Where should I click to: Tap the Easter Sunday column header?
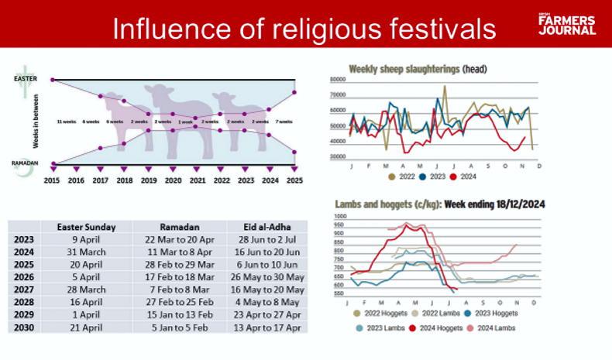tap(86, 227)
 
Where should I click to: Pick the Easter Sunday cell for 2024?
tap(86, 252)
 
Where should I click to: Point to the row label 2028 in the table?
tap(24, 301)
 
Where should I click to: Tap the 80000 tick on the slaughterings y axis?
tap(337, 80)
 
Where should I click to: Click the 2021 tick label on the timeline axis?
tap(198, 180)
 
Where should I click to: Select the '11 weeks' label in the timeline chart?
tap(67, 122)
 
